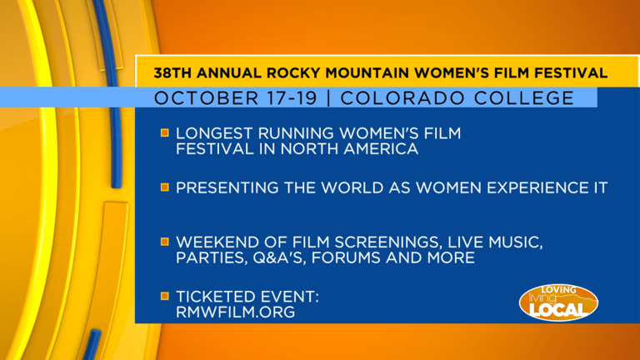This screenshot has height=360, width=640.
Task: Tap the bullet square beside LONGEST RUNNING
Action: click(x=165, y=132)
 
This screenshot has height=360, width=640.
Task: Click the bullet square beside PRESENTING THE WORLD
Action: click(x=165, y=188)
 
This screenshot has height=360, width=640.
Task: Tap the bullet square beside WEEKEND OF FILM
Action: click(x=165, y=242)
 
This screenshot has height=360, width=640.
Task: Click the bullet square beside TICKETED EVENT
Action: click(x=165, y=297)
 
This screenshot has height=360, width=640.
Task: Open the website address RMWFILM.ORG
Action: click(x=235, y=312)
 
